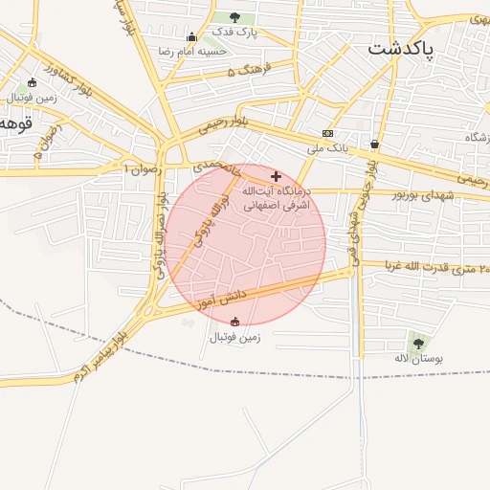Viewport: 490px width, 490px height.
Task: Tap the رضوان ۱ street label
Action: (145, 168)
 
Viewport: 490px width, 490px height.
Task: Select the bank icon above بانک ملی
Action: (328, 134)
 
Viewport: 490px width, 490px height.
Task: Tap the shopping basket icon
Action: (374, 145)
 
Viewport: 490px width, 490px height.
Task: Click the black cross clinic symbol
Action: (277, 176)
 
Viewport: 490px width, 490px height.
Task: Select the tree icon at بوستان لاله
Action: (416, 343)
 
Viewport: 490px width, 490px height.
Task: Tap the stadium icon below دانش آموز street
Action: (235, 322)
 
